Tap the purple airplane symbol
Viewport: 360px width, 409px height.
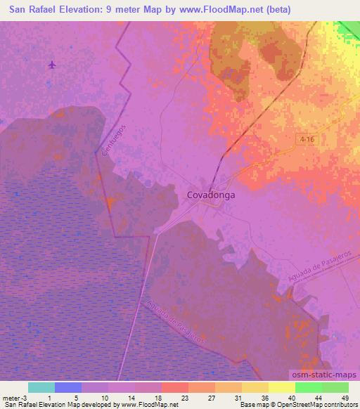[53, 65]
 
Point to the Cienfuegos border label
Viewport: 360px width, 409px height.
[113, 141]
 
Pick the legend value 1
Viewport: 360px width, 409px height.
[49, 398]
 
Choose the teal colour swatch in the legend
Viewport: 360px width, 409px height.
[41, 388]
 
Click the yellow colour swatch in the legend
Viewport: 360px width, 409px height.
[281, 388]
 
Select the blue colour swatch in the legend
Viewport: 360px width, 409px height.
[68, 388]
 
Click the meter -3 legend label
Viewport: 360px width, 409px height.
[13, 398]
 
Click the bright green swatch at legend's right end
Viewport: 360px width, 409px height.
[335, 388]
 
